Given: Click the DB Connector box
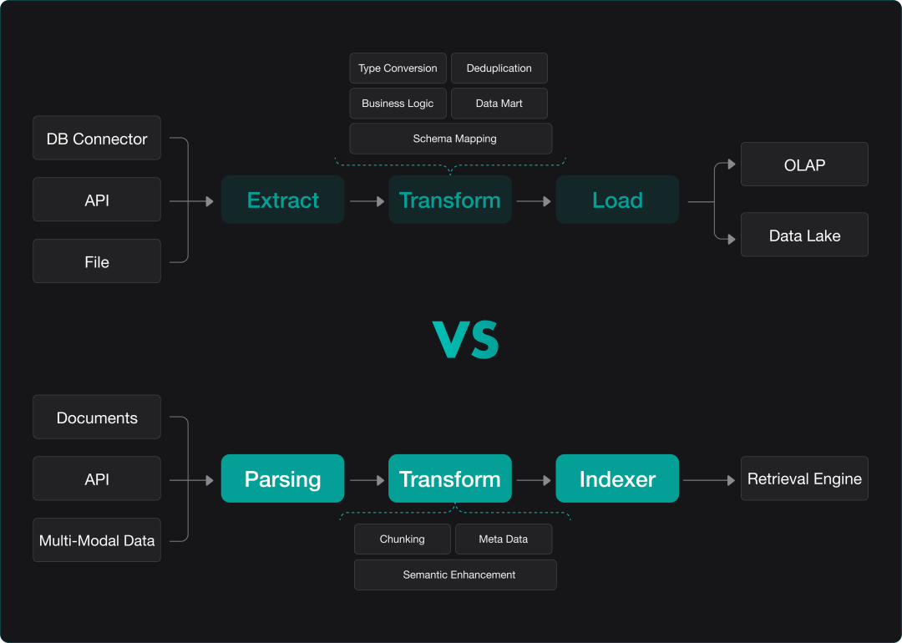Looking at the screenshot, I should click(x=97, y=139).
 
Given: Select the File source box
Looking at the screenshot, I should click(x=97, y=261).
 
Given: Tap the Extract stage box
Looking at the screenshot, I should click(x=283, y=200).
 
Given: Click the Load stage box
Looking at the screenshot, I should click(x=617, y=200).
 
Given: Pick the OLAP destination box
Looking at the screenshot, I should click(x=804, y=165).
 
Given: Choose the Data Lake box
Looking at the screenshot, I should click(x=804, y=235).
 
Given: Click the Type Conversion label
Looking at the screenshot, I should click(x=398, y=68).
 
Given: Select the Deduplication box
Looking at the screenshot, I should click(x=499, y=68).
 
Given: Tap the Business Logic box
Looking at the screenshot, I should click(x=398, y=104).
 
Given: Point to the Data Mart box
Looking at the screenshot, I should click(x=499, y=104).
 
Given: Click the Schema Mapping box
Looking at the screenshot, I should click(x=451, y=139).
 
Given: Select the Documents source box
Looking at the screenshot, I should click(x=97, y=418).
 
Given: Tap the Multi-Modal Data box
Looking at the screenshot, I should click(x=97, y=540).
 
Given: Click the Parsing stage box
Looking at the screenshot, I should click(x=283, y=478).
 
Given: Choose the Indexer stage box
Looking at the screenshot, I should click(x=617, y=478).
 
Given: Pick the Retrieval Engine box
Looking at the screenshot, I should click(x=804, y=478).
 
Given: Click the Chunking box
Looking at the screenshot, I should click(x=403, y=539).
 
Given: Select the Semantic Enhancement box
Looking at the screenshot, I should click(x=455, y=575).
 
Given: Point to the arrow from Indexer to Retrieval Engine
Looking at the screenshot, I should click(x=709, y=480).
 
